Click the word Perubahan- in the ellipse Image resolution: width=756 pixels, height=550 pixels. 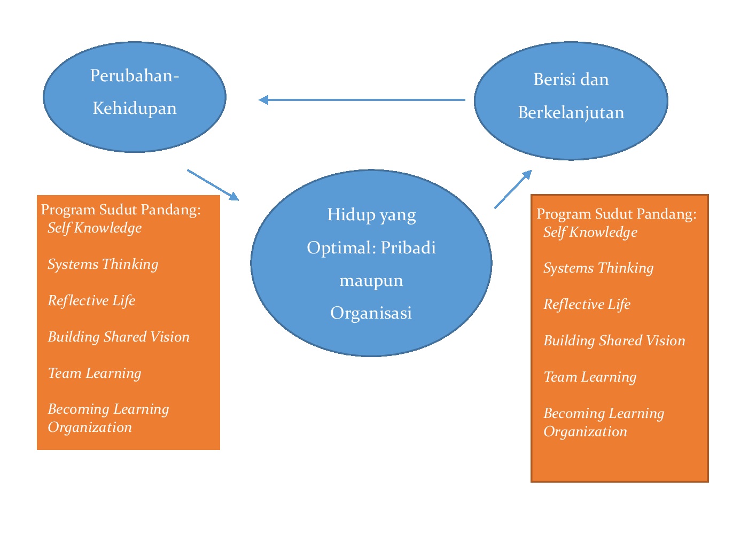click(134, 76)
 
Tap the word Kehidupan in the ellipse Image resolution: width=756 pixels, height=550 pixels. click(134, 109)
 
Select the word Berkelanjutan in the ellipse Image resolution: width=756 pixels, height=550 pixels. click(571, 113)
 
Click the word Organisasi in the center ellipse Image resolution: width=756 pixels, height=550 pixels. click(371, 313)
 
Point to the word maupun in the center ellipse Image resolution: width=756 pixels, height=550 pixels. click(371, 281)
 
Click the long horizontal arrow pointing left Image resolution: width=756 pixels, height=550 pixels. click(362, 99)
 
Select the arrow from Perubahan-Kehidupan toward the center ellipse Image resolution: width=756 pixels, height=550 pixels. click(213, 185)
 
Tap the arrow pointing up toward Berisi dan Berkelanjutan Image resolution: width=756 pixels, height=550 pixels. click(513, 189)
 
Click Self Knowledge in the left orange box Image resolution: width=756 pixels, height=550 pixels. click(95, 228)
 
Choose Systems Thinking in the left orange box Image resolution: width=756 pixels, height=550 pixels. click(103, 264)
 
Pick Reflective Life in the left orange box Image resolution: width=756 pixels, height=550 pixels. click(91, 300)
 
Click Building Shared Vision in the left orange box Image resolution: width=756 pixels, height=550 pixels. click(119, 337)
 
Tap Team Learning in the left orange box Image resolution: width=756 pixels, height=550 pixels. click(95, 373)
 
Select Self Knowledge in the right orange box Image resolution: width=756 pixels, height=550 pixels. click(590, 232)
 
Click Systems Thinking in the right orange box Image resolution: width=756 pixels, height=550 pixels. click(598, 268)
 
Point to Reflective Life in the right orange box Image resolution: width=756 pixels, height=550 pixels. click(587, 304)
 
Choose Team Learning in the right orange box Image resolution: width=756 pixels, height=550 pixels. click(590, 377)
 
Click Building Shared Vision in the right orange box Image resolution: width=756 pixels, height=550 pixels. click(614, 340)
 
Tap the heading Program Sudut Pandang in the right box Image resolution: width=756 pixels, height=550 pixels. click(616, 214)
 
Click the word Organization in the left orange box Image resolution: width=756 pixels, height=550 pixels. click(90, 427)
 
